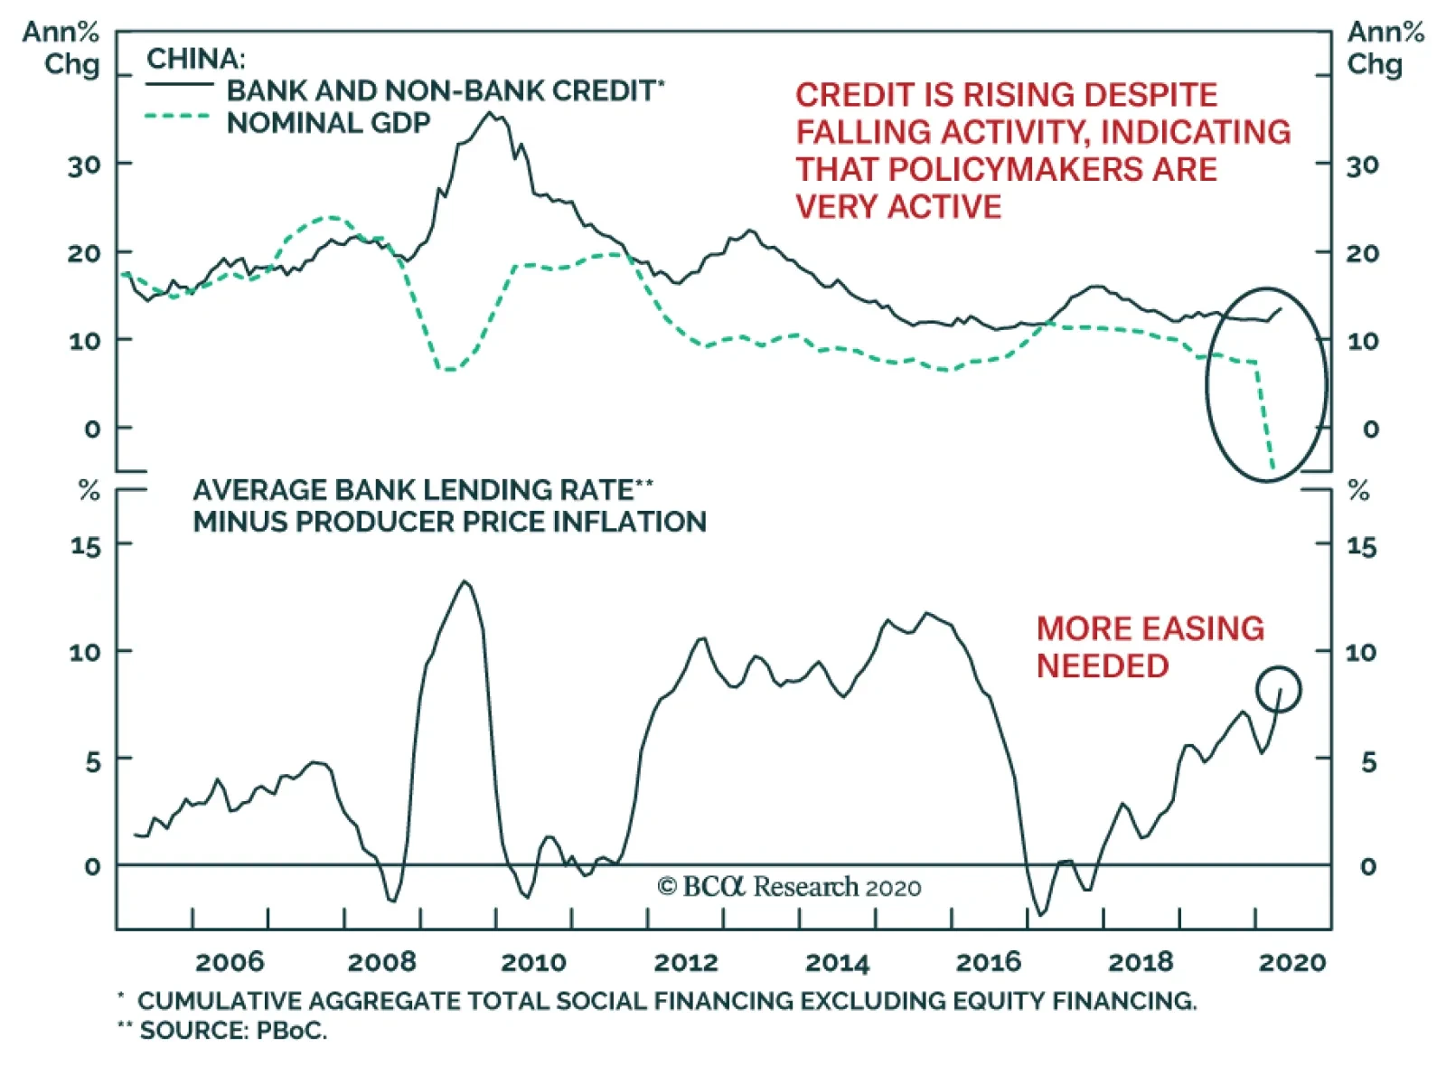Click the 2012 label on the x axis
coord(686,962)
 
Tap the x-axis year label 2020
coord(1292,962)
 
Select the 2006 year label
coord(230,962)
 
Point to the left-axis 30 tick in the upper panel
coord(84,165)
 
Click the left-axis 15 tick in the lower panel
coord(86,546)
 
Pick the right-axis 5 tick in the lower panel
coord(1368,761)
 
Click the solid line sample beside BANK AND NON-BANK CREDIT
coord(179,85)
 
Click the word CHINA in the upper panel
coord(195,59)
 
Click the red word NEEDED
coord(1103,666)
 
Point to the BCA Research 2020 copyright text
coord(789,887)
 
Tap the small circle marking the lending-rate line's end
coord(1278,689)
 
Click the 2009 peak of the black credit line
coord(491,113)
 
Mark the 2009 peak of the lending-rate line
coord(465,581)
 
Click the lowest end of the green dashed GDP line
coord(1273,468)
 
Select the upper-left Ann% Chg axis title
coord(61,48)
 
